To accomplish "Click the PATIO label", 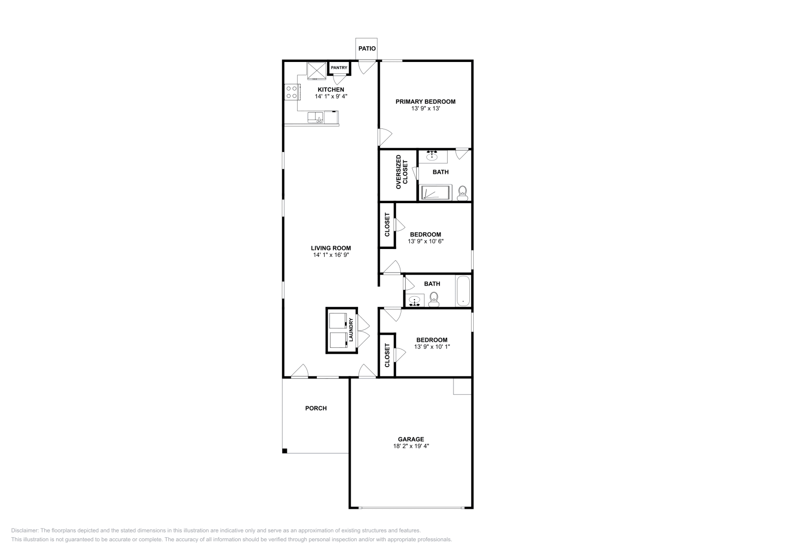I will coord(367,49).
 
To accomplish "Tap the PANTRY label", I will coord(339,68).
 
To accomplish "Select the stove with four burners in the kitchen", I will coord(291,92).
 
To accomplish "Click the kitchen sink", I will coord(315,117).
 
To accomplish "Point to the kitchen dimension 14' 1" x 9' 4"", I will coord(331,96).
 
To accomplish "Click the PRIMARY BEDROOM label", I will coord(425,101).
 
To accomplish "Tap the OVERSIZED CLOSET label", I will coord(402,172).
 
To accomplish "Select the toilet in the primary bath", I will coord(462,193).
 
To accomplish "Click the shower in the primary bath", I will coord(436,192).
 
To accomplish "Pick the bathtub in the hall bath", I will coord(463,291).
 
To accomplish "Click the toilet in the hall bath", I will coord(434,299).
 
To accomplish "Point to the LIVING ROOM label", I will coord(331,248).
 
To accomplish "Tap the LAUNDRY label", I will coord(351,330).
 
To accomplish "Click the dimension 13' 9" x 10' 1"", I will coord(432,347).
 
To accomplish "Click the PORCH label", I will coord(316,408).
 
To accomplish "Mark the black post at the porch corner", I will coord(285,451).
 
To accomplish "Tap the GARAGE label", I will coord(411,439).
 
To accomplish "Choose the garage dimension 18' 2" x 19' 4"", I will coord(411,446).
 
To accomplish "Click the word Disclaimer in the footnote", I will coord(24,530).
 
